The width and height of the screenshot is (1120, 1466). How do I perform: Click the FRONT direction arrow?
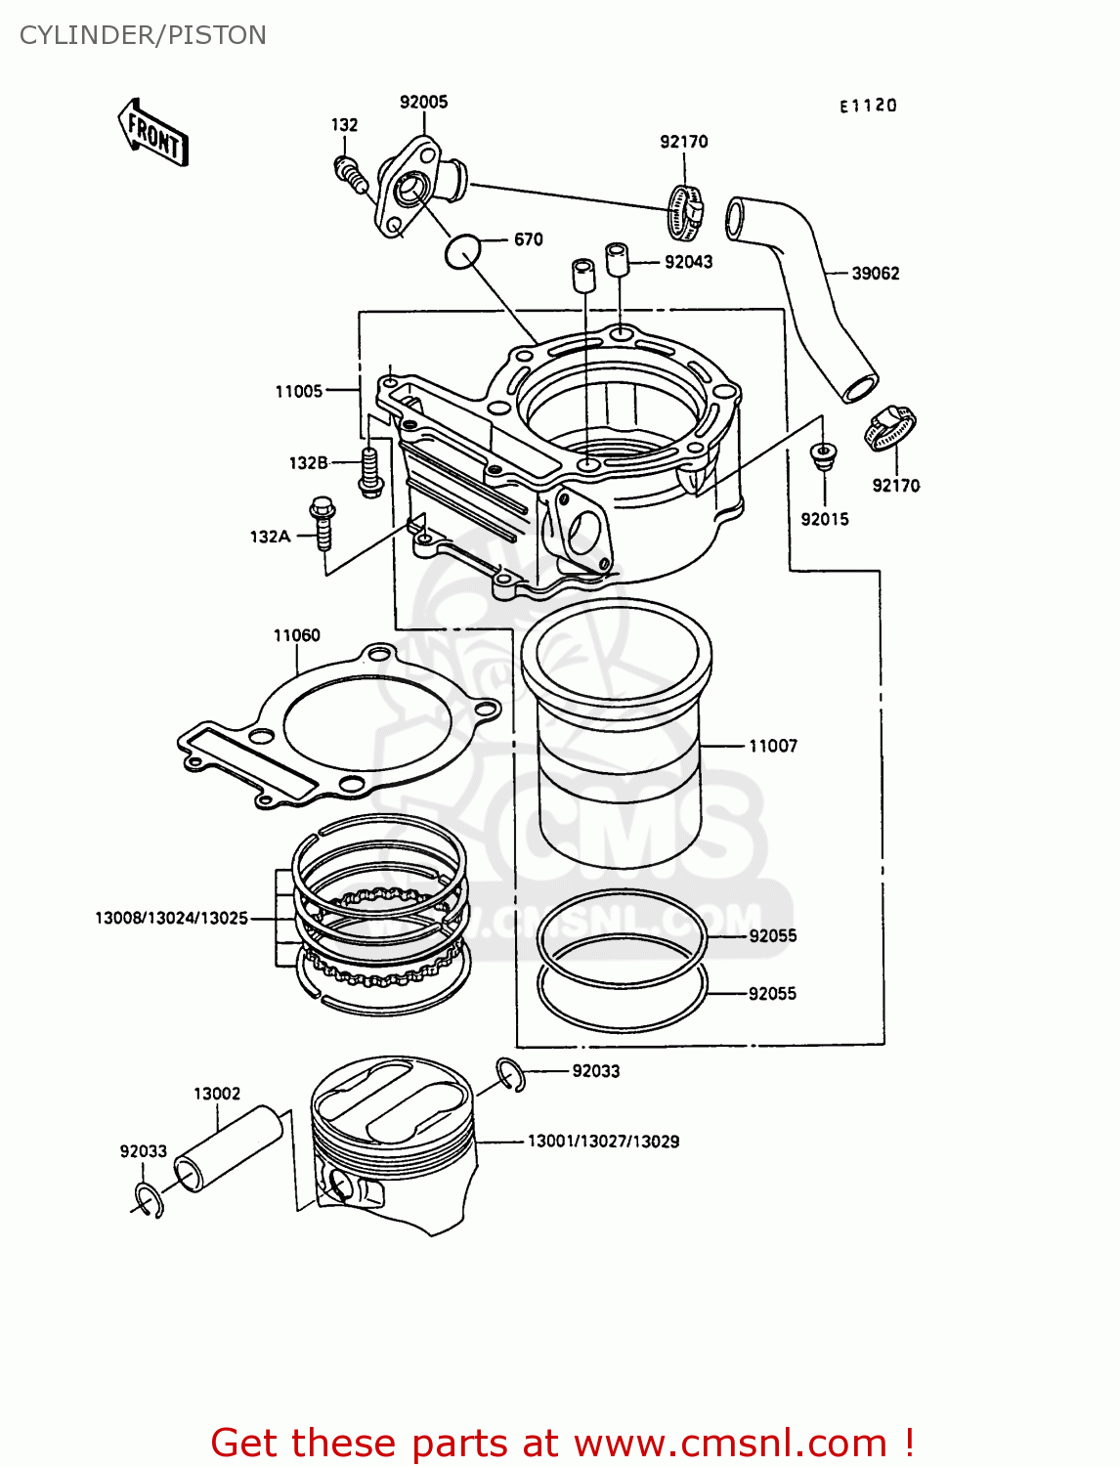tap(153, 132)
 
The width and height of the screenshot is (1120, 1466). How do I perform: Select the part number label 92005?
tap(423, 102)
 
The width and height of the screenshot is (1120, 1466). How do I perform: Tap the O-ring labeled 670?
tap(463, 252)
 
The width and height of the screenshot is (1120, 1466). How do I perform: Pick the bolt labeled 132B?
tap(369, 471)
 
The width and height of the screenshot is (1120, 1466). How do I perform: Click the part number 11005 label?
tap(298, 391)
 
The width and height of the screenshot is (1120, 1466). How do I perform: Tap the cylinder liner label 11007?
tap(772, 746)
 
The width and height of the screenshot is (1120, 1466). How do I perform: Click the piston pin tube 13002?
tap(228, 1148)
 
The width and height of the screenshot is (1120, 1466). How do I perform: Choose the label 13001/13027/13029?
tap(603, 1141)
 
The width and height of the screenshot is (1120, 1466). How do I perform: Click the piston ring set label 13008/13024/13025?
tap(171, 918)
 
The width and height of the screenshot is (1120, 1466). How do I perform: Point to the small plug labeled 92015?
tap(824, 456)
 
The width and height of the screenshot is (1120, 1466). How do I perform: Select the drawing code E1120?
tap(868, 106)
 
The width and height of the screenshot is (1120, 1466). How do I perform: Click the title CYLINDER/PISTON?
tap(143, 35)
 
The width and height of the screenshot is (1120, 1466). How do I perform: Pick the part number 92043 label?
tap(688, 262)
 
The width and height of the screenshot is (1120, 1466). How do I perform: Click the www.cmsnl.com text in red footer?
tap(729, 1443)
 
